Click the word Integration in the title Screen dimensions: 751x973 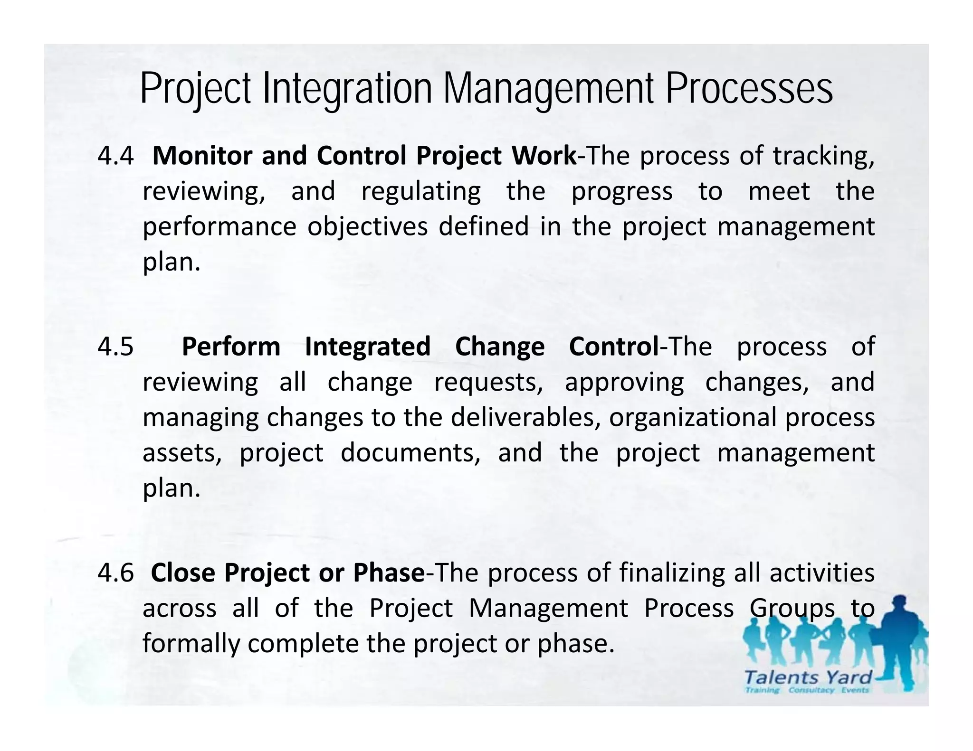(347, 89)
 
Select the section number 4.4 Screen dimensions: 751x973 (115, 156)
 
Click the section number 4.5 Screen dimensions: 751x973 (115, 347)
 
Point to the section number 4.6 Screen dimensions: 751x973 (115, 573)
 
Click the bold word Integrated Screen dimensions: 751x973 (367, 347)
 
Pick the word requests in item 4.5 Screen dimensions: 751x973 (489, 383)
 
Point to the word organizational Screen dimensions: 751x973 (692, 418)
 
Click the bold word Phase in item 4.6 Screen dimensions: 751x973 (389, 573)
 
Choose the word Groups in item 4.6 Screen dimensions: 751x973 (792, 609)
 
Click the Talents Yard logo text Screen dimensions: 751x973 (808, 677)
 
